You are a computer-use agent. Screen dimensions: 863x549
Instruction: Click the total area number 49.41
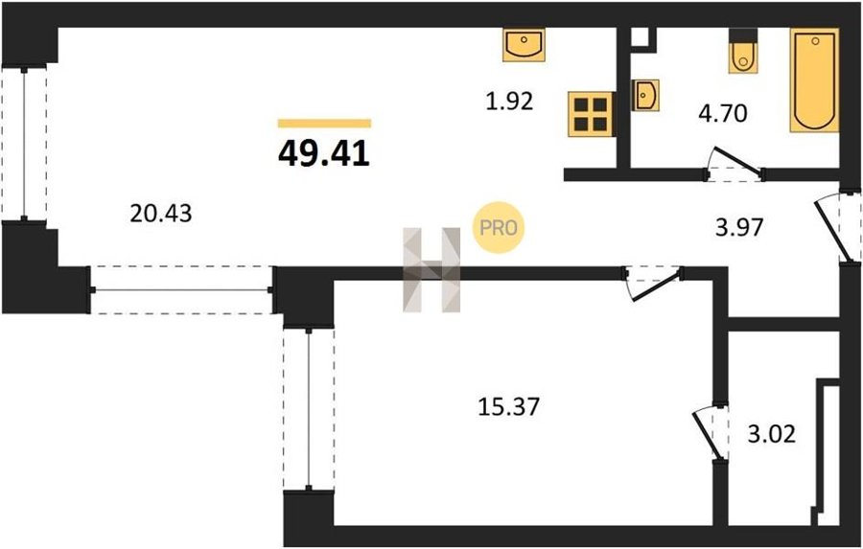click(324, 153)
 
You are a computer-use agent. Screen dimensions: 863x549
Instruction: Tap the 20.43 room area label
click(161, 213)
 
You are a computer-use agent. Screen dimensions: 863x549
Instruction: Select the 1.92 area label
click(509, 102)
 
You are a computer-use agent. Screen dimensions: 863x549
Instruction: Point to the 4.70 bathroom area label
click(723, 113)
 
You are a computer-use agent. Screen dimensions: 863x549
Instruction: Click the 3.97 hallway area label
click(739, 227)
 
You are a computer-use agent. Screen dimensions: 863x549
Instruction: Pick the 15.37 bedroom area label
click(508, 407)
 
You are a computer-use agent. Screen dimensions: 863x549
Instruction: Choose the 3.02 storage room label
click(772, 434)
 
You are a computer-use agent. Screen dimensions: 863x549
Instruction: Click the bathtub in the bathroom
click(814, 80)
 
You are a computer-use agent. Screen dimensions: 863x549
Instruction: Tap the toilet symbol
click(743, 51)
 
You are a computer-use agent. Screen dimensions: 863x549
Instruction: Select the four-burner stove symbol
click(591, 114)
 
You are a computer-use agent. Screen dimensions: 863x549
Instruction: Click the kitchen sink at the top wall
click(524, 45)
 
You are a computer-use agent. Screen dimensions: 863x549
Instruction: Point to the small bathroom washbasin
click(645, 95)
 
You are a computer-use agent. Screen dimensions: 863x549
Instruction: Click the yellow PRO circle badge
click(499, 227)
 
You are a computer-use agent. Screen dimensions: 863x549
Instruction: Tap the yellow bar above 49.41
click(324, 124)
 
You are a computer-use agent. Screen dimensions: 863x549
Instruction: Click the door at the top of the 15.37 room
click(657, 285)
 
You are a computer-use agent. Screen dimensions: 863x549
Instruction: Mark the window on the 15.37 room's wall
click(309, 409)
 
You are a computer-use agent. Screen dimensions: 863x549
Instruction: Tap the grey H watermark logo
click(431, 269)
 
